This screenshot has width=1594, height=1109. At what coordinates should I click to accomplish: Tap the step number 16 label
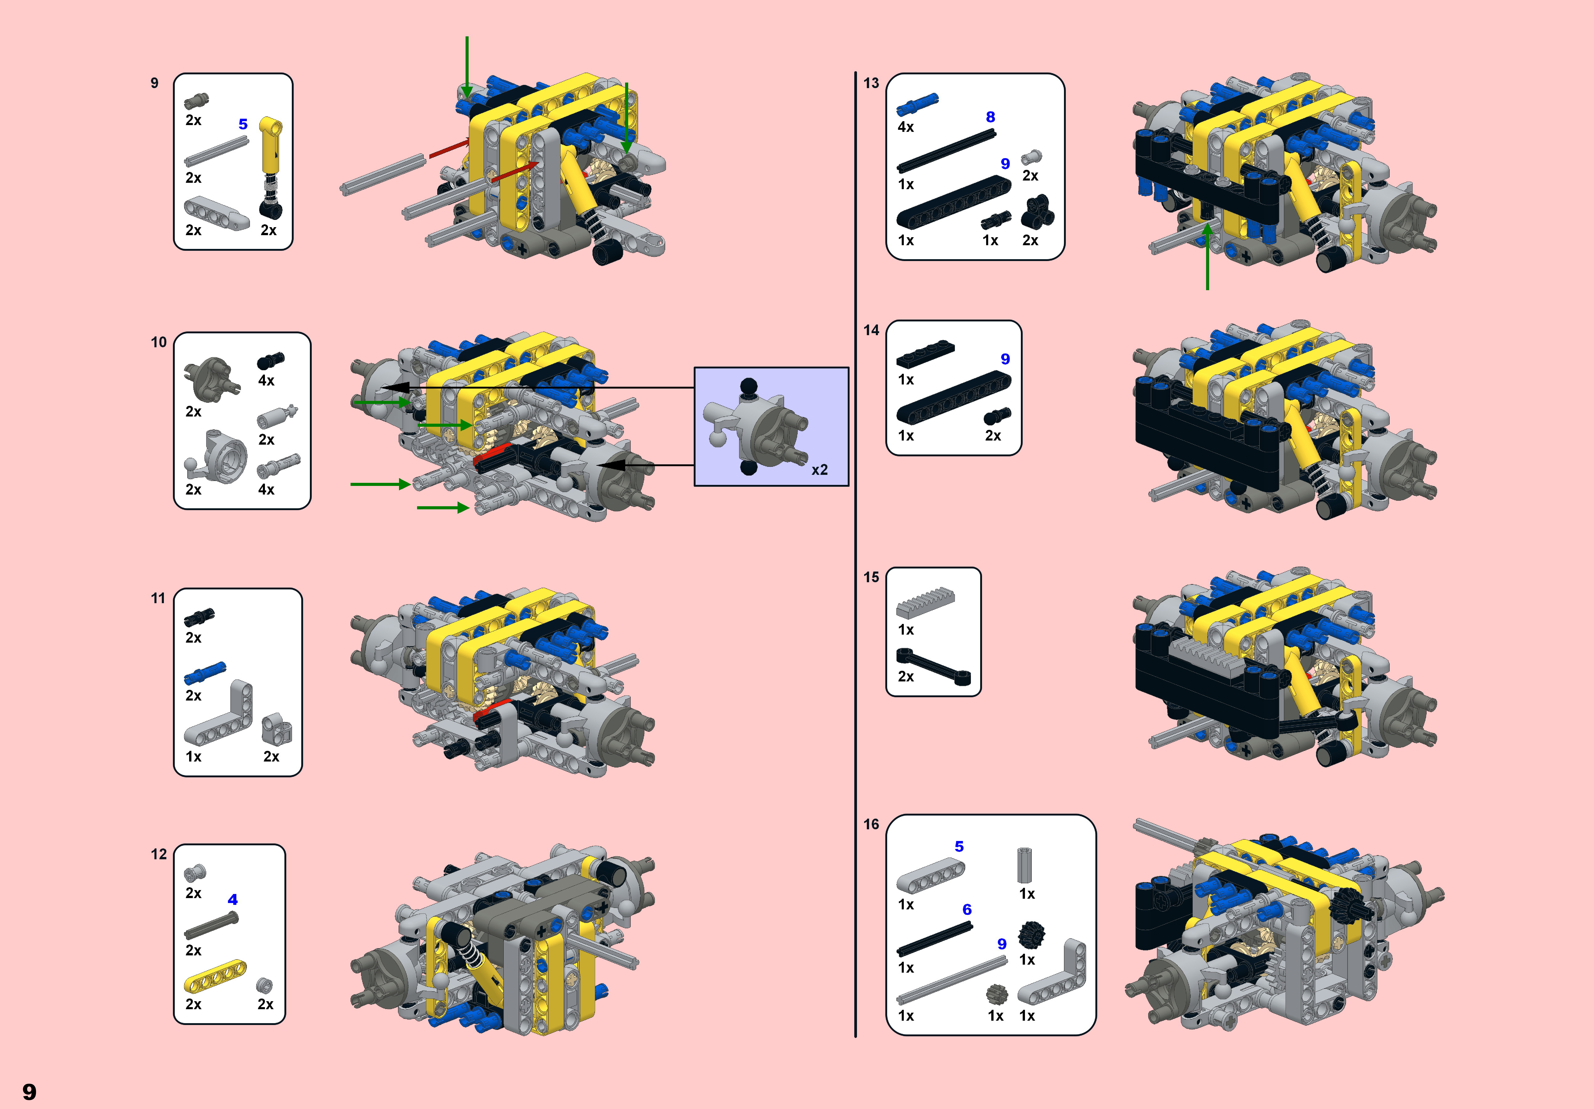click(871, 824)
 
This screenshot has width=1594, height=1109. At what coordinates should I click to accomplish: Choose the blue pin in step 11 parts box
click(205, 672)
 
